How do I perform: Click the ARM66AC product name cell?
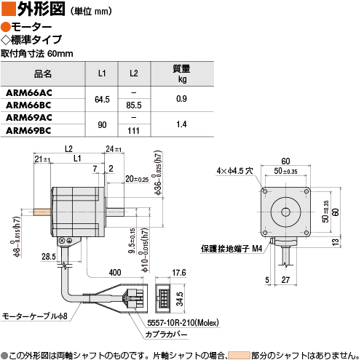point(29,93)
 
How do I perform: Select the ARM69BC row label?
point(28,131)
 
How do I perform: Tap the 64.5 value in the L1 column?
point(102,100)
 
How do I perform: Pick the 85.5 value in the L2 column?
point(134,105)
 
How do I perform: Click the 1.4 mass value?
point(181,124)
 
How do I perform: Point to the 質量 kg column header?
point(181,73)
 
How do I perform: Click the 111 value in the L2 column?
point(133,131)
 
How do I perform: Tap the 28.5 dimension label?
point(49,257)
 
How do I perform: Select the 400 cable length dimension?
point(115,273)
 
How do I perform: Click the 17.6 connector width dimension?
point(179,273)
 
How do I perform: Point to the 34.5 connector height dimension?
point(180,299)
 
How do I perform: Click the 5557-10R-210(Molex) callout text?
point(183,323)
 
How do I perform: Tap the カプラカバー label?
point(167,335)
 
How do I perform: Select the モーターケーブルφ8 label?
point(35,316)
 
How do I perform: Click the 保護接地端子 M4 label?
point(232,249)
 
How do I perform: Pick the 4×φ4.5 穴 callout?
point(234,171)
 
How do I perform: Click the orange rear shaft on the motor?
point(42,212)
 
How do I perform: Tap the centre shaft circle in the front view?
point(285,212)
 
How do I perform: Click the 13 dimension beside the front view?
point(335,242)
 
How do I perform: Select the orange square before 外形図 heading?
point(9,9)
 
